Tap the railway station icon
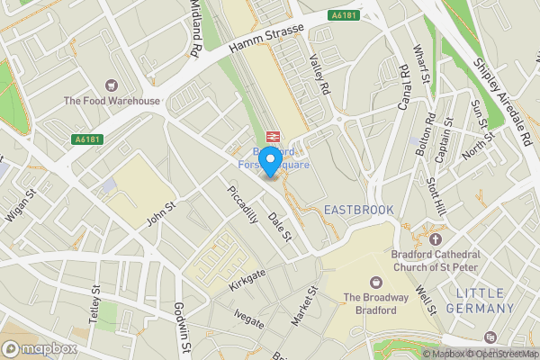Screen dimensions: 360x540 pos(274,136)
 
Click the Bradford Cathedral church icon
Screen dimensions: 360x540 pos(436,239)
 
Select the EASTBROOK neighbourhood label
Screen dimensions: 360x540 pos(358,210)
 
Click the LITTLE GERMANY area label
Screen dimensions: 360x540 pos(493,301)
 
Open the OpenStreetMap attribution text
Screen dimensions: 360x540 pos(503,354)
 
